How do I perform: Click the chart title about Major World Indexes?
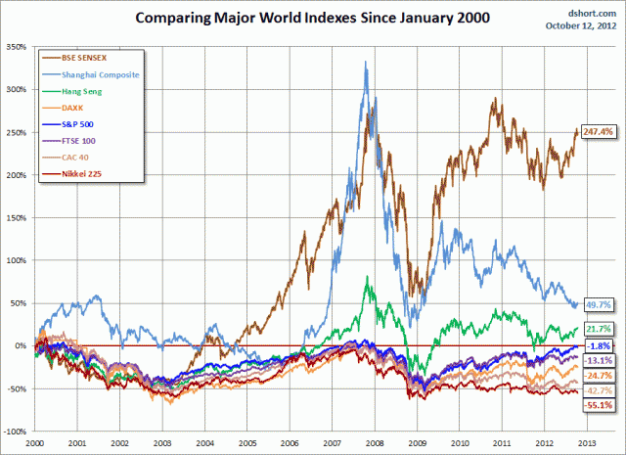[x=313, y=19]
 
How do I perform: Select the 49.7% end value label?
[x=598, y=304]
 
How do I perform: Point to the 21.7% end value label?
[x=598, y=329]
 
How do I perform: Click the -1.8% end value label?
[x=598, y=346]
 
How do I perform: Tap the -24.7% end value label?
[x=598, y=375]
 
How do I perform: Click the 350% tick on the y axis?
[x=18, y=46]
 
